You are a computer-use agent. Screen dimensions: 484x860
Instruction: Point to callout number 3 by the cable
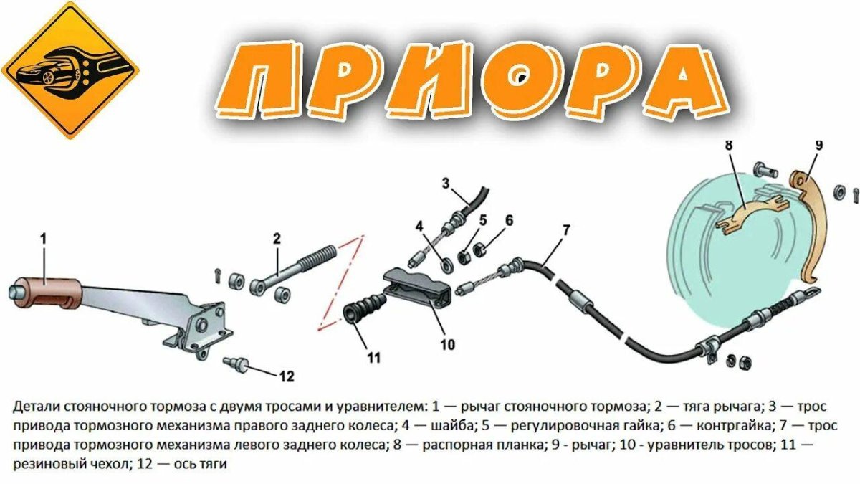tap(445, 183)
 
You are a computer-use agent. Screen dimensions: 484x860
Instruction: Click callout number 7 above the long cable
tap(566, 231)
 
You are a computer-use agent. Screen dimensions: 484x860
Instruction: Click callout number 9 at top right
tap(818, 146)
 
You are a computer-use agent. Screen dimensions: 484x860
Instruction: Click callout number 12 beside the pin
tap(287, 375)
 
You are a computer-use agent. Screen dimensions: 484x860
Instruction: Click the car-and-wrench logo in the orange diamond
tap(70, 70)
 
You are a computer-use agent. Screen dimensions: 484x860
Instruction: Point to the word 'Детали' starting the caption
tap(33, 407)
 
